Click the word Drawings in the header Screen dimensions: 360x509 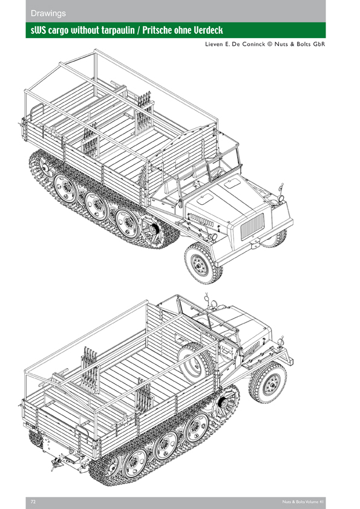coord(48,13)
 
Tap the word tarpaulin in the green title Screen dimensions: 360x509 coord(117,30)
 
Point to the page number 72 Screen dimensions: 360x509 coord(33,502)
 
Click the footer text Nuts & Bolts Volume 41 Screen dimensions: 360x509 coord(303,502)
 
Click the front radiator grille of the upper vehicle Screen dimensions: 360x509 coord(252,226)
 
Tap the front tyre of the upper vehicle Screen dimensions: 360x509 coord(203,263)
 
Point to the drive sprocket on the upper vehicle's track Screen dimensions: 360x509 coord(152,230)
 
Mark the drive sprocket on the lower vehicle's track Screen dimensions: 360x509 coord(226,403)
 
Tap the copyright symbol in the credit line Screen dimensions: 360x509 coord(270,44)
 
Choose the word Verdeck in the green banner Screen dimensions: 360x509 coord(208,30)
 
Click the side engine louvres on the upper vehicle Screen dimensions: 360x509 coord(201,221)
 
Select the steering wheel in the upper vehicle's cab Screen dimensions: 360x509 coord(217,173)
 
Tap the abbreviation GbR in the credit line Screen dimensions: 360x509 coord(319,44)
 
